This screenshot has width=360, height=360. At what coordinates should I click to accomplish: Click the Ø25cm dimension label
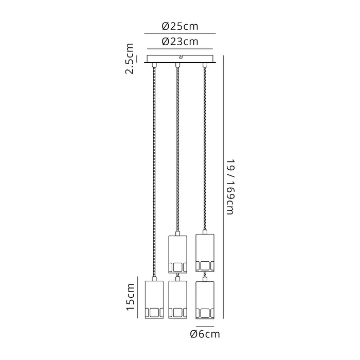tap(180, 26)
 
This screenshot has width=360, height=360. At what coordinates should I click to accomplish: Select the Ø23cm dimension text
tap(180, 42)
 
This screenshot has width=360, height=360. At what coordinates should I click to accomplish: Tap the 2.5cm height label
tap(129, 59)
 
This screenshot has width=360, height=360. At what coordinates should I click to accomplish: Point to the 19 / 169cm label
tap(230, 187)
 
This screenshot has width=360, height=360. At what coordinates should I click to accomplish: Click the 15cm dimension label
tap(130, 297)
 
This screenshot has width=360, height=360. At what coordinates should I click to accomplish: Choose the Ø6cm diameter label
tap(205, 334)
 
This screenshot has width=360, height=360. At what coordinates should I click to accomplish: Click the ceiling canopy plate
tap(180, 59)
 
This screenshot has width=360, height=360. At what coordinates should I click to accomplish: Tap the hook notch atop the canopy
tap(181, 56)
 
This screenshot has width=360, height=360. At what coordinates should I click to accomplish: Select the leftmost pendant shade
tap(154, 300)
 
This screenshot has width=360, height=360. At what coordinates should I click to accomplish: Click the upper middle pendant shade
tap(178, 254)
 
